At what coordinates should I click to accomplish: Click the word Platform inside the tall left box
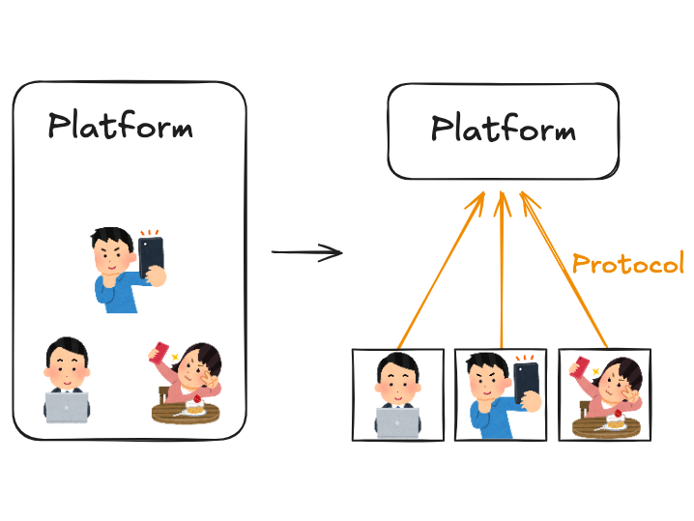120,127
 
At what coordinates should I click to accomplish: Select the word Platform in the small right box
503,130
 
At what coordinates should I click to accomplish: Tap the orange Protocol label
627,263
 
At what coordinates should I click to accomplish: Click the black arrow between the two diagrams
306,253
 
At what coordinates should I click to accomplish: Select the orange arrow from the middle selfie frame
501,271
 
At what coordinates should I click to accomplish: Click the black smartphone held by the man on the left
152,257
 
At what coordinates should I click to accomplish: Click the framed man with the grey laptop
397,395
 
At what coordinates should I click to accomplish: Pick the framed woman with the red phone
605,395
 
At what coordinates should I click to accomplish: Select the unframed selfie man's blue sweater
115,294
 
